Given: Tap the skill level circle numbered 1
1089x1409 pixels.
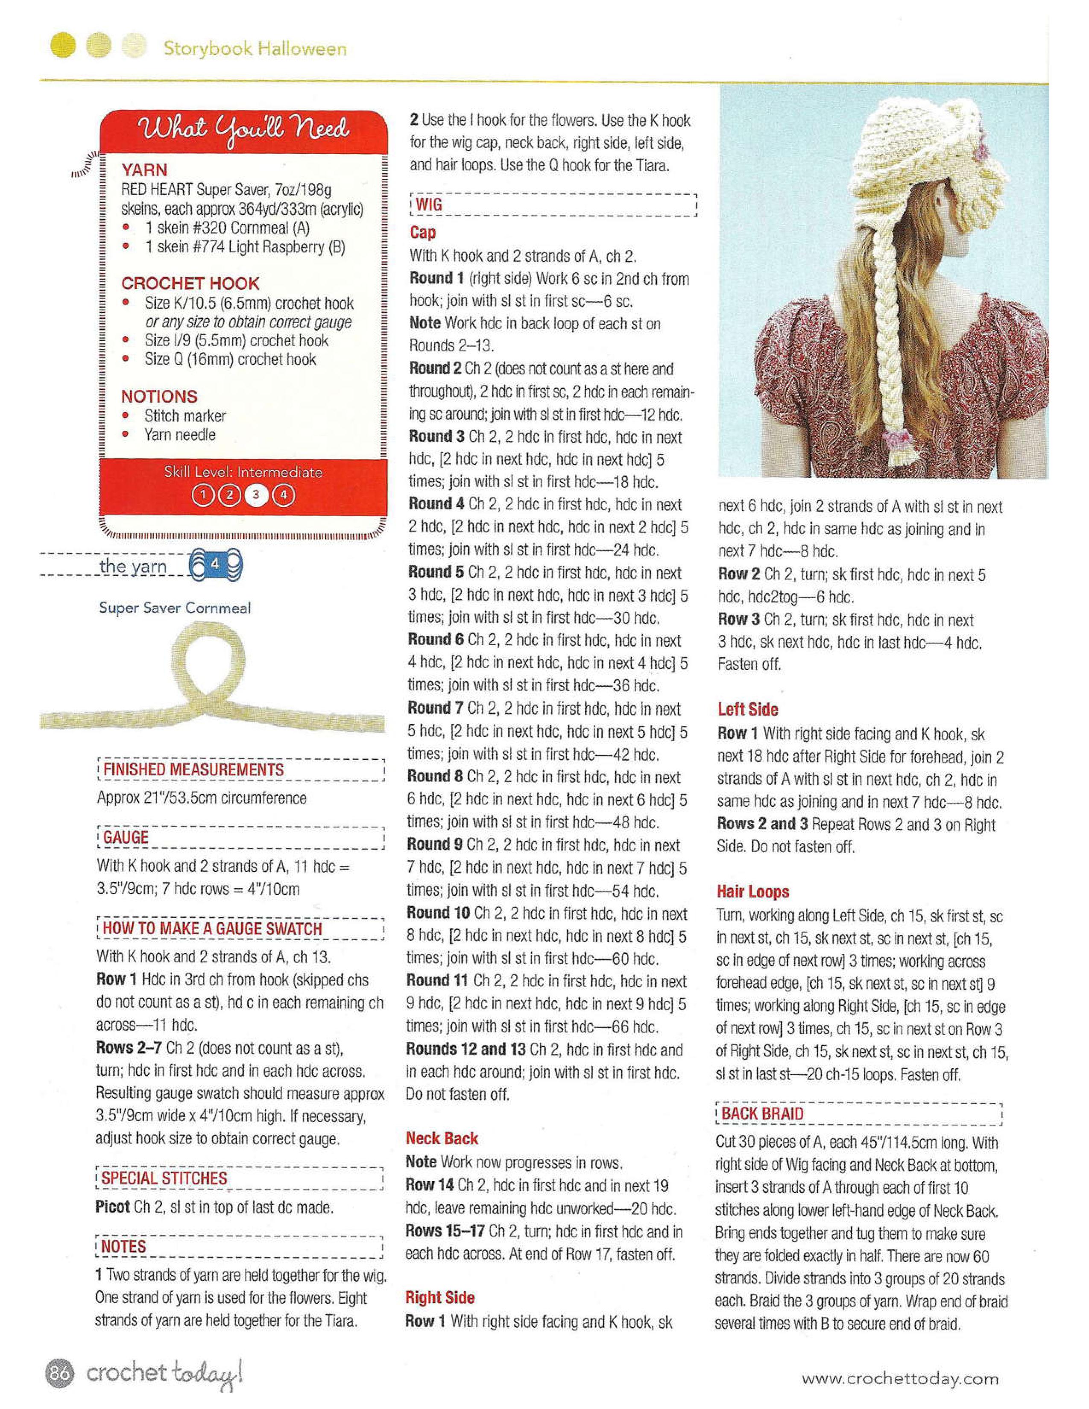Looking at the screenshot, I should (x=202, y=495).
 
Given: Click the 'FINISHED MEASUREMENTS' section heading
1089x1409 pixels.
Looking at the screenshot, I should (x=193, y=770).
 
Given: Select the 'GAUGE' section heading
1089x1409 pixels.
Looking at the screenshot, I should (x=126, y=837).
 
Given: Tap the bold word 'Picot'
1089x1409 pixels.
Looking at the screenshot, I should (x=113, y=1207).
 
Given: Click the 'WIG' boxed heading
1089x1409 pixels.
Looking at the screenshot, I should (x=429, y=205).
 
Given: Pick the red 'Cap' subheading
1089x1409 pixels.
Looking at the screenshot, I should (x=422, y=232).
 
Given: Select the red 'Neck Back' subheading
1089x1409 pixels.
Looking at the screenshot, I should (x=442, y=1139).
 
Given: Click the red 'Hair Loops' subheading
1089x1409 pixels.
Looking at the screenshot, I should (x=753, y=892).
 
